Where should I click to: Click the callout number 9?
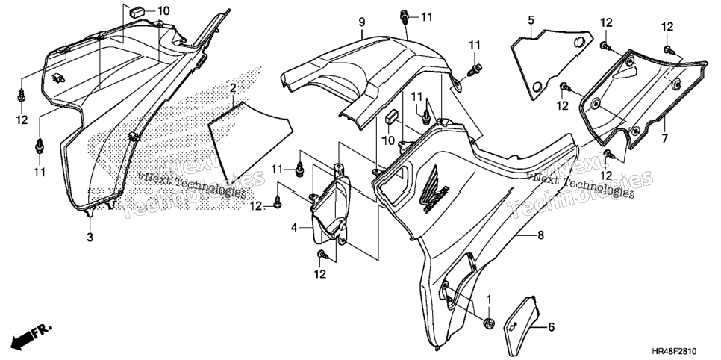362,21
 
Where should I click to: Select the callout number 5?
531,20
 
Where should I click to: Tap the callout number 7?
664,138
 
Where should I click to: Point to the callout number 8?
540,235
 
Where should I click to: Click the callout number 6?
552,327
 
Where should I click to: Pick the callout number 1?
489,300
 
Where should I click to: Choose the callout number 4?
293,227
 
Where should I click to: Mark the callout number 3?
90,238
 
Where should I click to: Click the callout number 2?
233,88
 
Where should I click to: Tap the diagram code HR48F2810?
686,351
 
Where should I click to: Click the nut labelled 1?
488,323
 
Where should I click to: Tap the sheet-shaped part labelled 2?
250,140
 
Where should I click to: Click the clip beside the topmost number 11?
405,17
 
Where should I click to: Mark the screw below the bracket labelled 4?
322,254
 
